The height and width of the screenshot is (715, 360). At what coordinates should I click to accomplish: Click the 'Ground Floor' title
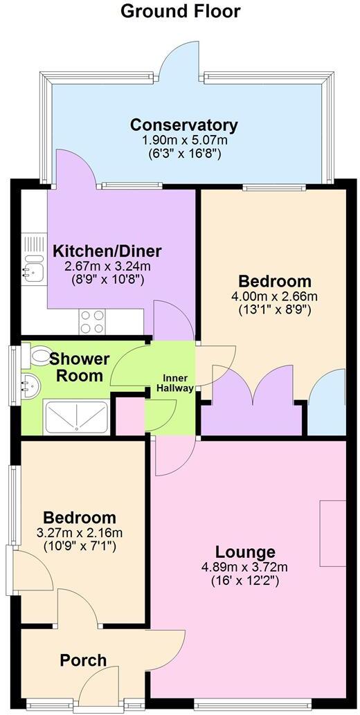click(180, 11)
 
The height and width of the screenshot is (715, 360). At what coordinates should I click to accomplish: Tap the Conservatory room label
click(184, 125)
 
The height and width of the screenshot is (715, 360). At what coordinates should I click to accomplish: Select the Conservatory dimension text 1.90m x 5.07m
click(184, 140)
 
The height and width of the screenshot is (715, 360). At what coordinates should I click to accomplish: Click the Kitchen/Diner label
click(108, 251)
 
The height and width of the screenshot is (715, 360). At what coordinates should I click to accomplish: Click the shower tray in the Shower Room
click(75, 417)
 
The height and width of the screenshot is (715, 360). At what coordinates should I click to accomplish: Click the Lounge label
click(245, 552)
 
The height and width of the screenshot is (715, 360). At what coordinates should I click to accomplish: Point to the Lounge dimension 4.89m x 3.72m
click(245, 568)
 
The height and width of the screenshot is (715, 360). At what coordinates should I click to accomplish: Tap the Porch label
click(83, 660)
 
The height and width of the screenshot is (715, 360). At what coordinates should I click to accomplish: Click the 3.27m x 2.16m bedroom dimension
click(79, 532)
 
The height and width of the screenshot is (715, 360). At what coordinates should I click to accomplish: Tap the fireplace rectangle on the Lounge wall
click(332, 533)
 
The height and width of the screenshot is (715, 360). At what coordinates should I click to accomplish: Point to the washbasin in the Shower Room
click(30, 383)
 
